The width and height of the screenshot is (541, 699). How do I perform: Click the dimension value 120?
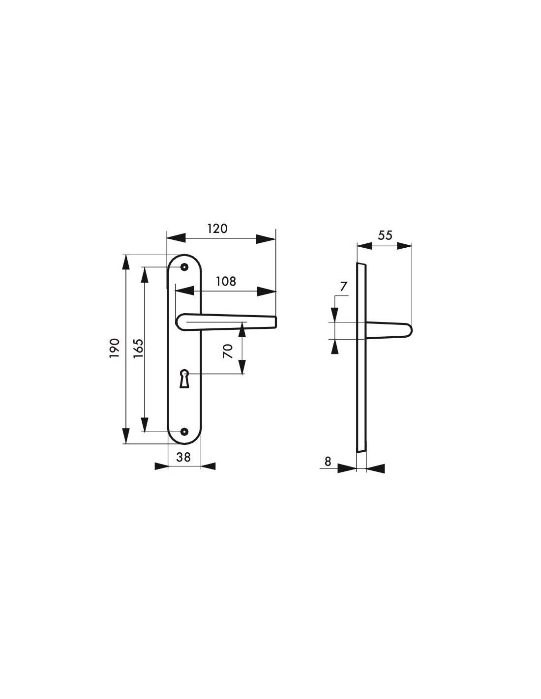tap(217, 229)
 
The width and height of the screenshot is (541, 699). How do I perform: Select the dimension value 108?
tap(226, 282)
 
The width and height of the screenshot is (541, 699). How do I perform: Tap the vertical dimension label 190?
tap(115, 348)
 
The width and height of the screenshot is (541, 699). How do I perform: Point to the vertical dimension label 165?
tap(138, 348)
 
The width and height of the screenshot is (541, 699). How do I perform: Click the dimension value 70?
tap(228, 351)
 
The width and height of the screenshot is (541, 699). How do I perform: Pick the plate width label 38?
tap(183, 457)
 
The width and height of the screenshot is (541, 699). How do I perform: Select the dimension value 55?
tap(385, 235)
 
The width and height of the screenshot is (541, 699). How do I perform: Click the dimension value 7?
tap(344, 287)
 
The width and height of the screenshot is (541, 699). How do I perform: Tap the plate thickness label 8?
tap(328, 462)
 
